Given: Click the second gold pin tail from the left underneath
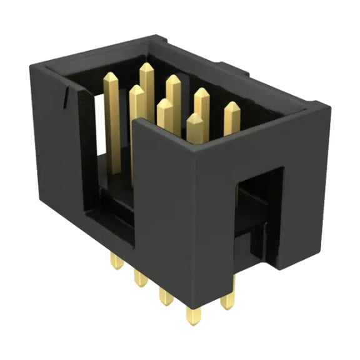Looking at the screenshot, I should (x=140, y=279).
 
